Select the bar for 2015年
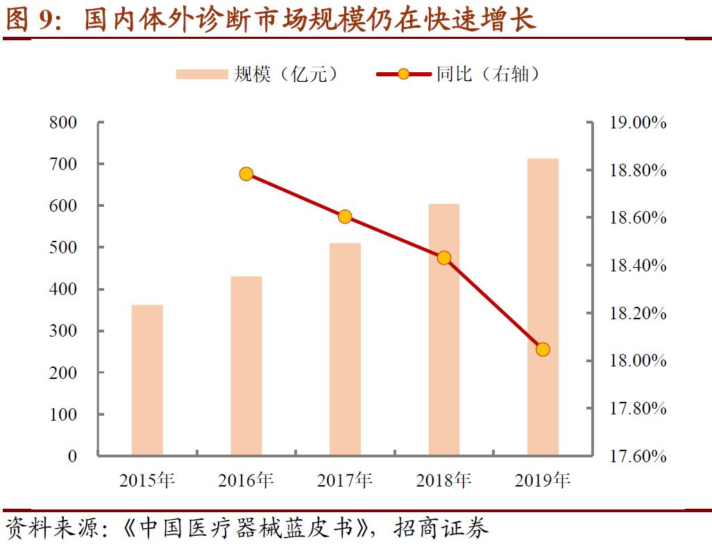[147, 380]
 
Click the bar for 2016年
[246, 366]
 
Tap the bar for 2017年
[345, 349]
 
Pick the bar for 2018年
[444, 330]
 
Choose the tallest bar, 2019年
[543, 307]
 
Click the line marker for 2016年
[246, 174]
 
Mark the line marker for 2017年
[345, 217]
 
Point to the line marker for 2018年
[444, 258]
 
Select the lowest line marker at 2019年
[543, 349]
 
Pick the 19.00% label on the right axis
[637, 123]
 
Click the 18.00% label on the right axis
[637, 361]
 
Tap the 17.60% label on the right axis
[637, 456]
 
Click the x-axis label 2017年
[345, 480]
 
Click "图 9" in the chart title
[29, 19]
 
